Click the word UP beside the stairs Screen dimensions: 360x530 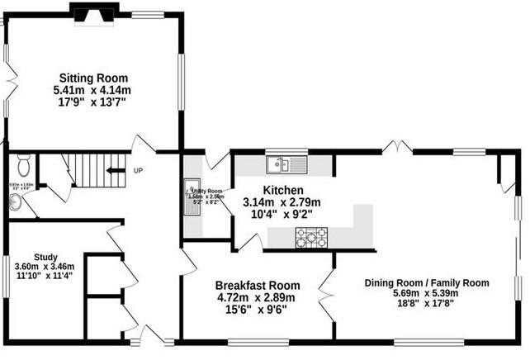[137, 172]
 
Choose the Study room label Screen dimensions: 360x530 [45, 256]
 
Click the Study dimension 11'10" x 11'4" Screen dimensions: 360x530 [45, 277]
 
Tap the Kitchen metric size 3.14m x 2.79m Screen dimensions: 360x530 [282, 202]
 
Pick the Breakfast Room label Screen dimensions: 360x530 [255, 285]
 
